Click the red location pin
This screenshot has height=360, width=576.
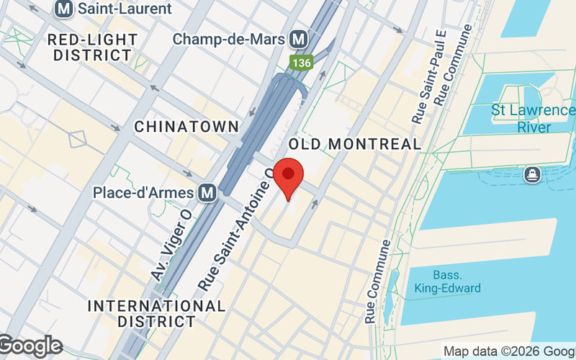click(x=289, y=179)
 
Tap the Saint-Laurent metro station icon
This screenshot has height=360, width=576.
click(x=65, y=9)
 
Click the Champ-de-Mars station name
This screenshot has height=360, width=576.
click(x=230, y=38)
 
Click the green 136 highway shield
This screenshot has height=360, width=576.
click(x=302, y=63)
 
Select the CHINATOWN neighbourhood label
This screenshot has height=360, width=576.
click(x=186, y=127)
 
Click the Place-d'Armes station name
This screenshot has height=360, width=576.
click(x=143, y=192)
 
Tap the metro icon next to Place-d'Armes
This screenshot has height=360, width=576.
click(x=208, y=192)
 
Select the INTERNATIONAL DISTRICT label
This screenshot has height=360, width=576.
click(x=156, y=313)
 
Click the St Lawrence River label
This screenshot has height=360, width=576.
click(x=533, y=119)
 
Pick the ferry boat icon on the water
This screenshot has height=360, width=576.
click(x=532, y=174)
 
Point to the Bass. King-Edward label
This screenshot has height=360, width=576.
click(x=447, y=282)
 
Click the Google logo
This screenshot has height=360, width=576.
click(x=30, y=346)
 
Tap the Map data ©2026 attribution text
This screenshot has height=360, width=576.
click(x=508, y=351)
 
